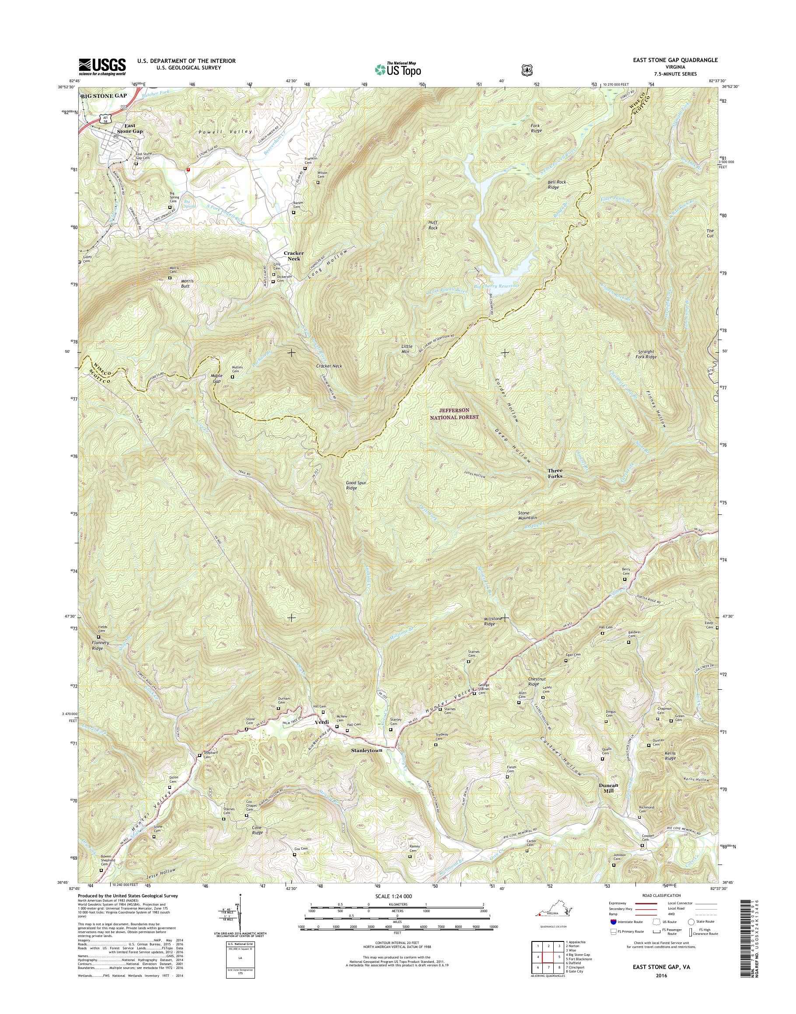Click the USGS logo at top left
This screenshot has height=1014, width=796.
tap(102, 66)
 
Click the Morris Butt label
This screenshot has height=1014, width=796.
tap(185, 284)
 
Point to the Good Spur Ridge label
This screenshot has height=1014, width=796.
tap(357, 485)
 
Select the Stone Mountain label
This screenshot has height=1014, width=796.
tap(527, 515)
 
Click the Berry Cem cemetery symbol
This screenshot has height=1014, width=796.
tap(625, 580)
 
